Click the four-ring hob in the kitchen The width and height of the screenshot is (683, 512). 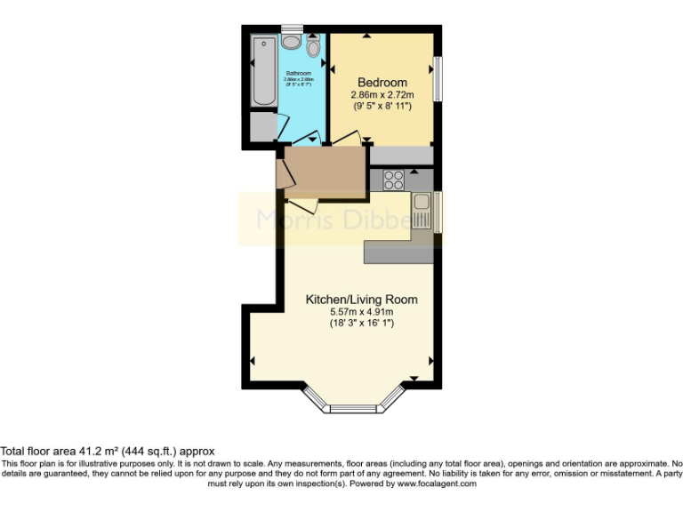(394, 180)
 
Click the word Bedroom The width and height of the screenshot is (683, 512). (382, 82)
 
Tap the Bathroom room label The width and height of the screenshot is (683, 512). (298, 73)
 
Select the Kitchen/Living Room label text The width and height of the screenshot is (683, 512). (361, 300)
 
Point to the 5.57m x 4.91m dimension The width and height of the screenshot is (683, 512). (361, 312)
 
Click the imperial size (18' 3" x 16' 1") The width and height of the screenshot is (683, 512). (361, 324)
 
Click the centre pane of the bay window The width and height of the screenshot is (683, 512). (354, 409)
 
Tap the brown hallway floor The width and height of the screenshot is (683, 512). (325, 171)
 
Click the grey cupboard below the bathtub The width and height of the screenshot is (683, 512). (263, 126)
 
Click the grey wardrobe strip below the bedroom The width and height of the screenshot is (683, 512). (400, 155)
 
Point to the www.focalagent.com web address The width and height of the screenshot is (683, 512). (436, 484)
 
